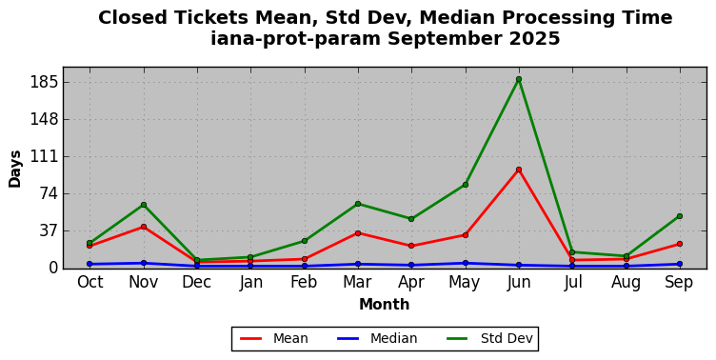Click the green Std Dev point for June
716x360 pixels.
coord(519,79)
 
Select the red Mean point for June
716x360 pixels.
coord(519,170)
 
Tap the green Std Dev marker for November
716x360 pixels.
coord(144,205)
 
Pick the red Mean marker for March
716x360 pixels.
coord(358,233)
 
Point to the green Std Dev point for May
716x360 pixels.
coord(466,185)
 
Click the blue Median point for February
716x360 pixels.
coord(305,266)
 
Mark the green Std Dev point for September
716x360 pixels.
coord(680,216)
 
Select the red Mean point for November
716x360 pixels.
coord(144,227)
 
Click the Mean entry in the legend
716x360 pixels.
coord(274,338)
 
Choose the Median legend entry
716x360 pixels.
coord(377,338)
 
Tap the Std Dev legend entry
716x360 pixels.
coord(489,338)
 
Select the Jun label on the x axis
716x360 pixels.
coord(519,282)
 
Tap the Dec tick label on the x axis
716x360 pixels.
coord(197,282)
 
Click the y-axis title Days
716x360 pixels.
coord(14,169)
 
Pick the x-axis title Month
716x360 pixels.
coord(384,304)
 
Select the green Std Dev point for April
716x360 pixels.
coord(411,219)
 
